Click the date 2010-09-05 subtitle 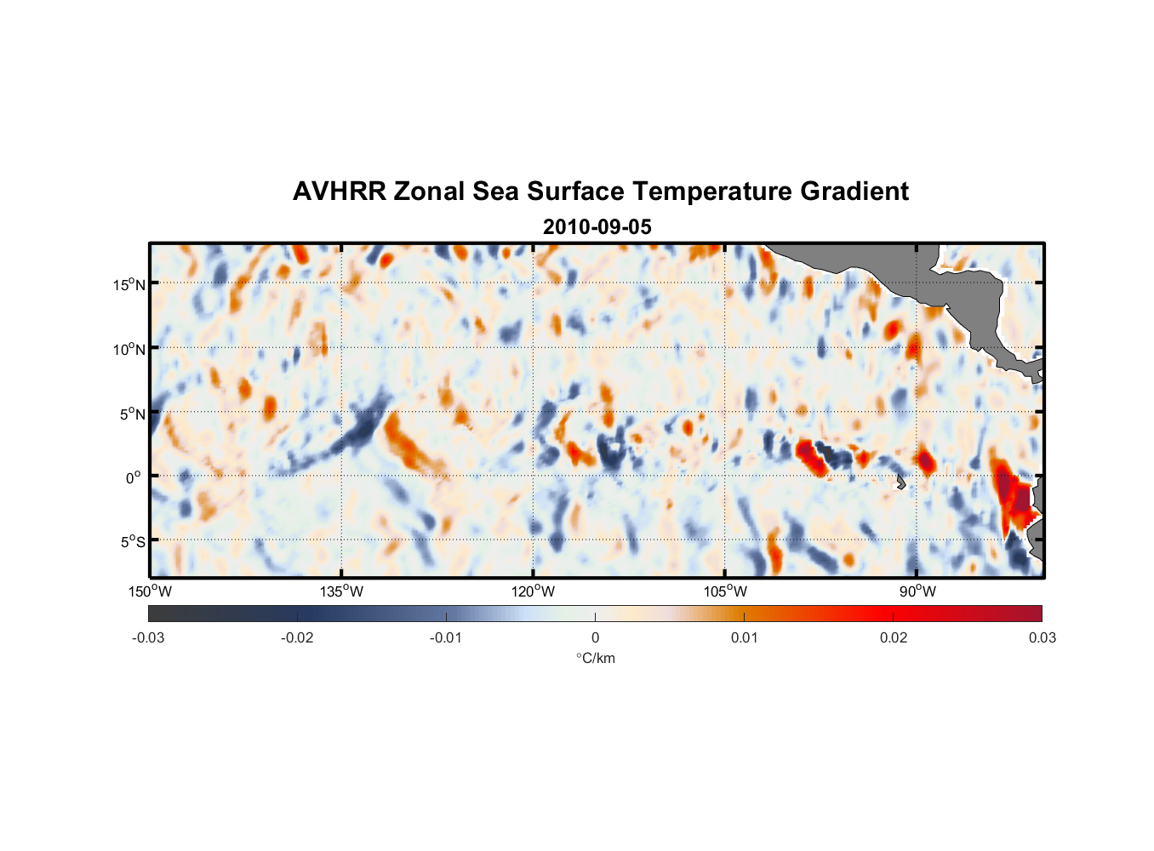tap(597, 227)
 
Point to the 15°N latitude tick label tap(129, 284)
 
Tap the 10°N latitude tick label tap(129, 349)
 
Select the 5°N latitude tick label tap(133, 414)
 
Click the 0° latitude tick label tap(134, 477)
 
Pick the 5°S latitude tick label tap(133, 542)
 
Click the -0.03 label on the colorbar tap(148, 638)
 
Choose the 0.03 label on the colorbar tap(1042, 638)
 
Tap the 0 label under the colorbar tap(595, 638)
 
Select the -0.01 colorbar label tap(445, 638)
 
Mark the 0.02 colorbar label tap(893, 638)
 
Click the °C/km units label tap(595, 658)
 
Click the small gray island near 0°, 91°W tap(900, 483)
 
